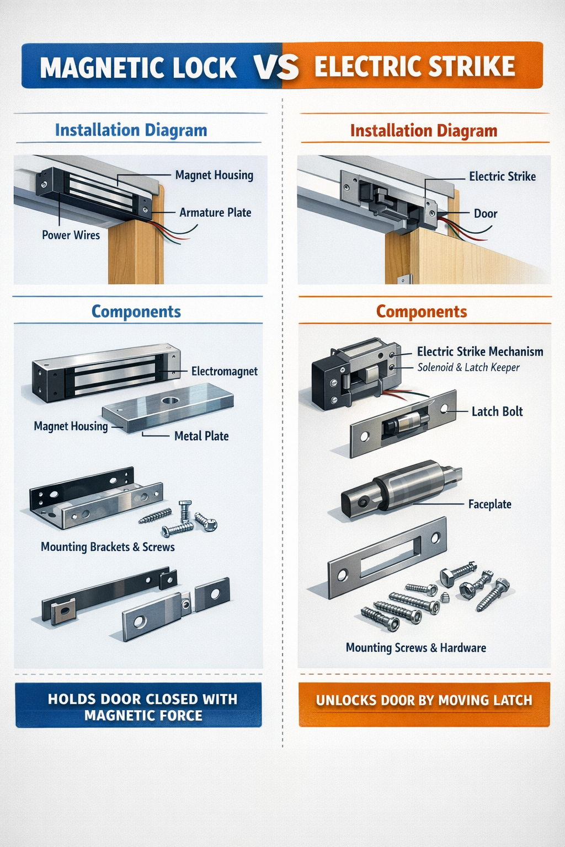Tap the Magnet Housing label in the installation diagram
(x=214, y=175)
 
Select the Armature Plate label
(x=215, y=213)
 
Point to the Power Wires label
(x=71, y=235)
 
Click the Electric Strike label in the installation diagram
(x=502, y=176)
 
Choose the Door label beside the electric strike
(x=486, y=214)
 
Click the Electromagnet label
(x=224, y=371)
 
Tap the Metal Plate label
(x=201, y=436)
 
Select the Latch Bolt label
(x=497, y=411)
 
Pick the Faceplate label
(x=489, y=504)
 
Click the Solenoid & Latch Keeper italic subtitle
(x=468, y=368)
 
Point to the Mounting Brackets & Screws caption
(x=108, y=547)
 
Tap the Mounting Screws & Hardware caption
(x=415, y=648)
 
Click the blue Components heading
(x=136, y=312)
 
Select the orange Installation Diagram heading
(x=423, y=131)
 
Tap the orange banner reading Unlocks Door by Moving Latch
(x=424, y=700)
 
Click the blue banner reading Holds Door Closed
(x=138, y=707)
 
